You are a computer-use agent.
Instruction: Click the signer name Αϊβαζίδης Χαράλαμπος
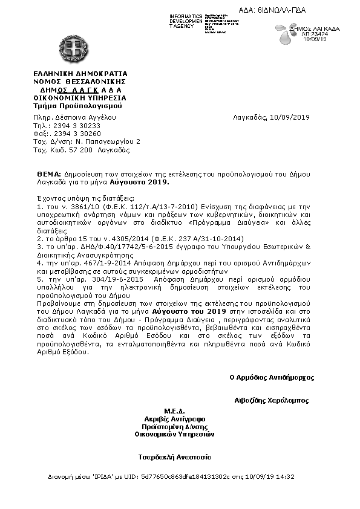272,400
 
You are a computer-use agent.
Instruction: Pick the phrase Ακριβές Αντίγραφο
174,418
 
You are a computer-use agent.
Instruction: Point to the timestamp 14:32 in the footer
286,477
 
